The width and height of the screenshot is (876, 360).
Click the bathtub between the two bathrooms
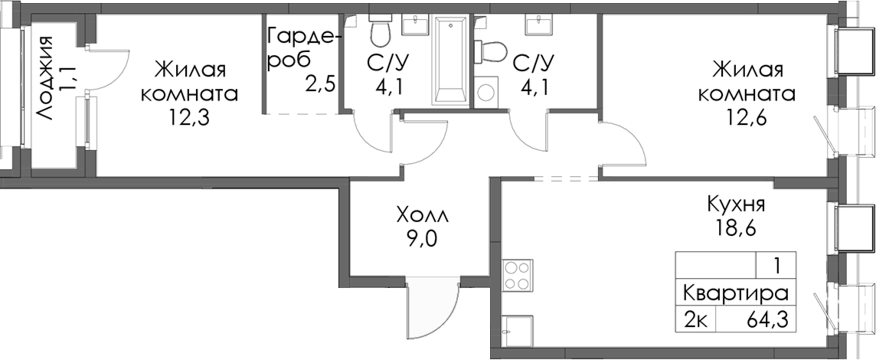click(x=450, y=61)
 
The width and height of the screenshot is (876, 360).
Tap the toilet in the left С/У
click(x=378, y=31)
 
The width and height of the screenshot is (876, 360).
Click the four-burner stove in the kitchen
click(x=517, y=277)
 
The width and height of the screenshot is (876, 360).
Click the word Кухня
click(x=735, y=205)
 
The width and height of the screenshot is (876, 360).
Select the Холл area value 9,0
click(x=419, y=238)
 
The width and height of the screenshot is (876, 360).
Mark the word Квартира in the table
click(x=734, y=293)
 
